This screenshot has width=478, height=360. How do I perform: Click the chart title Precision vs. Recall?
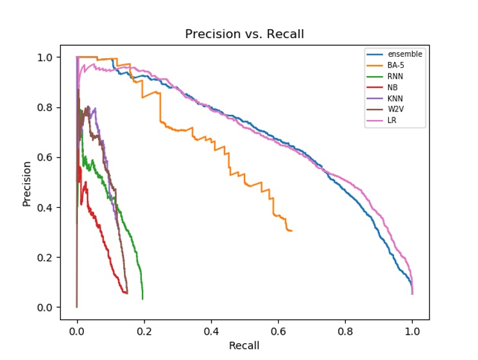244,34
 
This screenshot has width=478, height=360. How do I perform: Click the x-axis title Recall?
244,346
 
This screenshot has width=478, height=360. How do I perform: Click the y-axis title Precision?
27,183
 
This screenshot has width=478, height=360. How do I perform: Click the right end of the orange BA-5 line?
292,230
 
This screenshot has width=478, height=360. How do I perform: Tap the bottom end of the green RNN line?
143,299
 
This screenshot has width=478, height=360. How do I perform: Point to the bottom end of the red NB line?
126,293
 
